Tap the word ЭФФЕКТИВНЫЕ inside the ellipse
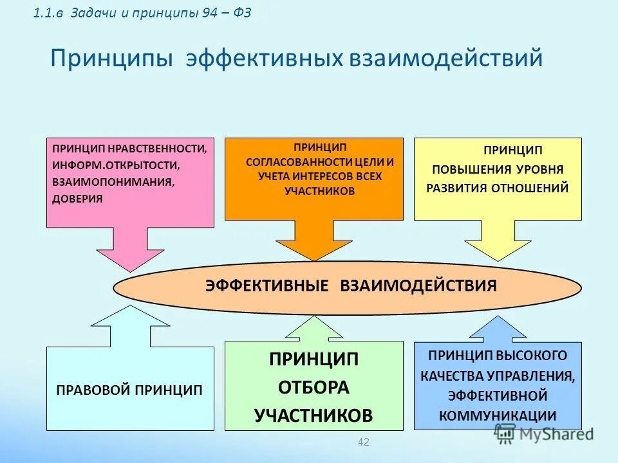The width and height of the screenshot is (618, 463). point(267,286)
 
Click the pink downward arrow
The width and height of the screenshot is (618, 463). point(130,248)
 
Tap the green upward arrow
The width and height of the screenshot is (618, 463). point(314,328)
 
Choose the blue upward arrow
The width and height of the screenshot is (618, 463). point(498,329)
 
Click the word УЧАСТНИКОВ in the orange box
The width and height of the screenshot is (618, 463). point(320,191)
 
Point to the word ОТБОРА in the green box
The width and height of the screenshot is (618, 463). point(314,387)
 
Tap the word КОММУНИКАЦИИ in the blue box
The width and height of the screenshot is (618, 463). point(498,415)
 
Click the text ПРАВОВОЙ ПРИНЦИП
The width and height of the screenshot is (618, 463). point(129,390)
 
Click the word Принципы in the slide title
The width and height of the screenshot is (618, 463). point(111,59)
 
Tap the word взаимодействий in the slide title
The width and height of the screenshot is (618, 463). point(446,59)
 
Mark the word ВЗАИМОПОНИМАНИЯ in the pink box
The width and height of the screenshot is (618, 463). point(113,182)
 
